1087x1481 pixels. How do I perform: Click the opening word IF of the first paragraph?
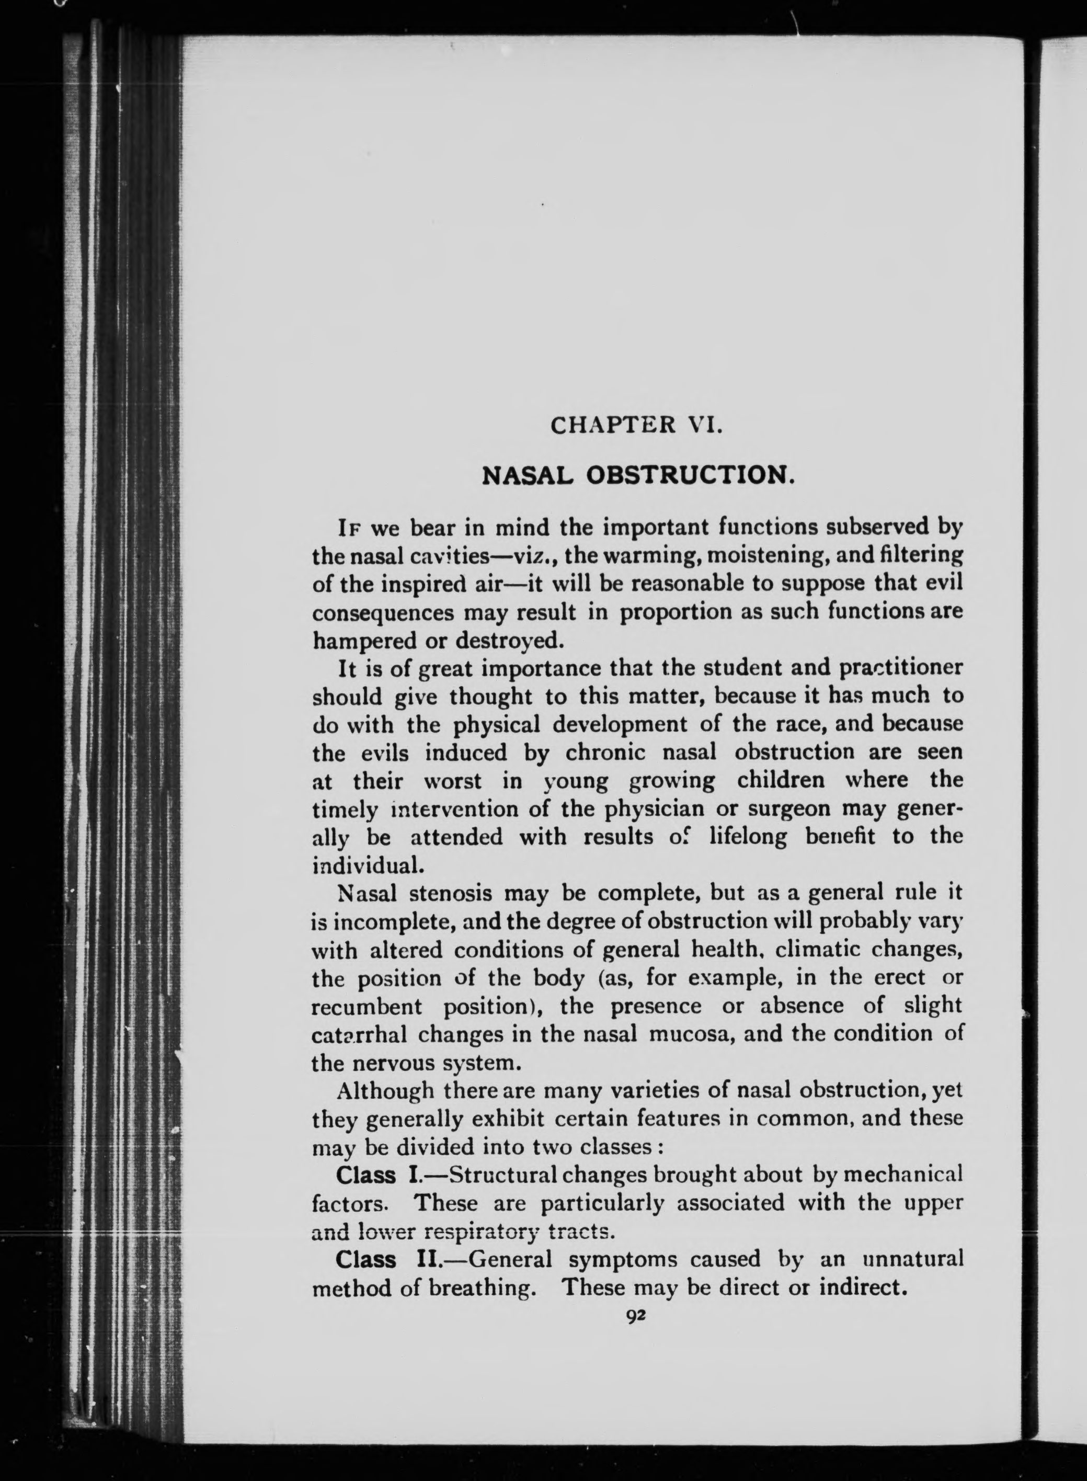tap(350, 528)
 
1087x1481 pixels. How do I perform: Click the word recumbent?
tap(367, 1007)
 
